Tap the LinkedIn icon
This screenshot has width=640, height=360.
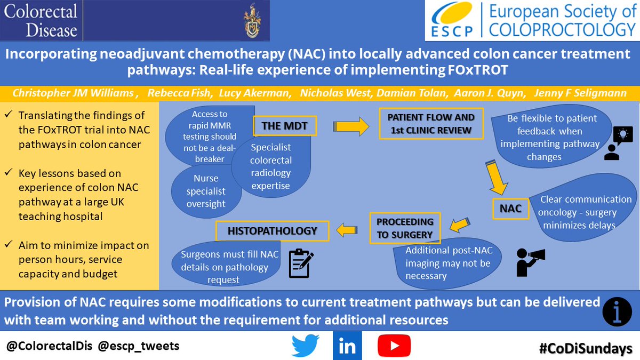tap(347, 346)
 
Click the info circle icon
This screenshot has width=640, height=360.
tap(618, 310)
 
